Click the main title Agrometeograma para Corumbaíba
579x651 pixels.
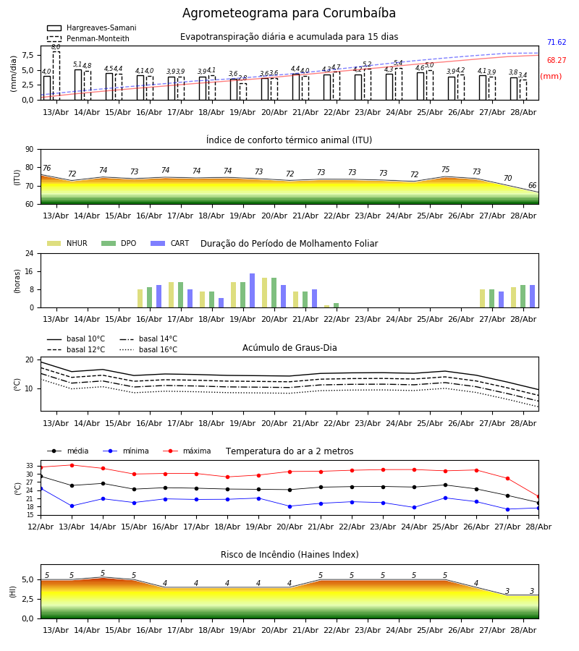289,13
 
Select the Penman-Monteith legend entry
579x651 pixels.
88,38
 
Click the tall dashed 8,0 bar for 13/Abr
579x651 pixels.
56,76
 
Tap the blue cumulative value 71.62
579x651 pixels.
557,43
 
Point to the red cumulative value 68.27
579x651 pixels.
557,60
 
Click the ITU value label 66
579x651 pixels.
532,185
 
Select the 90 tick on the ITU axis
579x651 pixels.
30,150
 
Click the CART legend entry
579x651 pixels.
170,243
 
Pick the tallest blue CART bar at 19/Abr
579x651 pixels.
252,291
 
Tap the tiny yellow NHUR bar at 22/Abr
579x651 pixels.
327,307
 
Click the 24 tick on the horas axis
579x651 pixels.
30,254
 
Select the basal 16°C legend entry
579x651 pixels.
148,349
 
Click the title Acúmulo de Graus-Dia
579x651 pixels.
289,348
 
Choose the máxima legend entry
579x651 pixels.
187,451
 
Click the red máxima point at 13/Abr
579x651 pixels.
72,465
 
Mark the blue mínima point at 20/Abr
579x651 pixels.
289,506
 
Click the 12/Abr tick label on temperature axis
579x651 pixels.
41,527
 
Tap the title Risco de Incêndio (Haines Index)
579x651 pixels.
289,555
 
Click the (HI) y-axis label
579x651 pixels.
13,592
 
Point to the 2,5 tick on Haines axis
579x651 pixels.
28,599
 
